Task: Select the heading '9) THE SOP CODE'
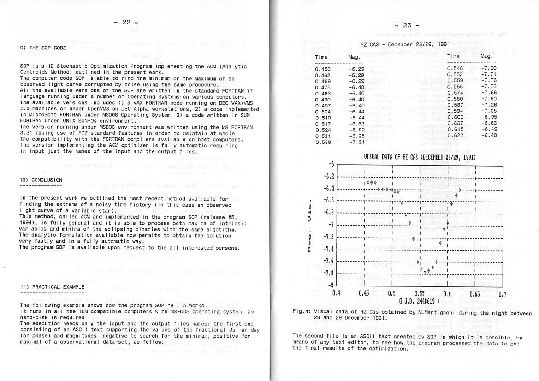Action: click(43, 48)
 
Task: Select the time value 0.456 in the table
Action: click(322, 69)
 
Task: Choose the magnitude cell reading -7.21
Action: click(356, 142)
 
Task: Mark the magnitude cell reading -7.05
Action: click(488, 111)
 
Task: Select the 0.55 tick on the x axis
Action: click(420, 293)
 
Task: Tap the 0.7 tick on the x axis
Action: click(503, 293)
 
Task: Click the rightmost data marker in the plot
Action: click(460, 190)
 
